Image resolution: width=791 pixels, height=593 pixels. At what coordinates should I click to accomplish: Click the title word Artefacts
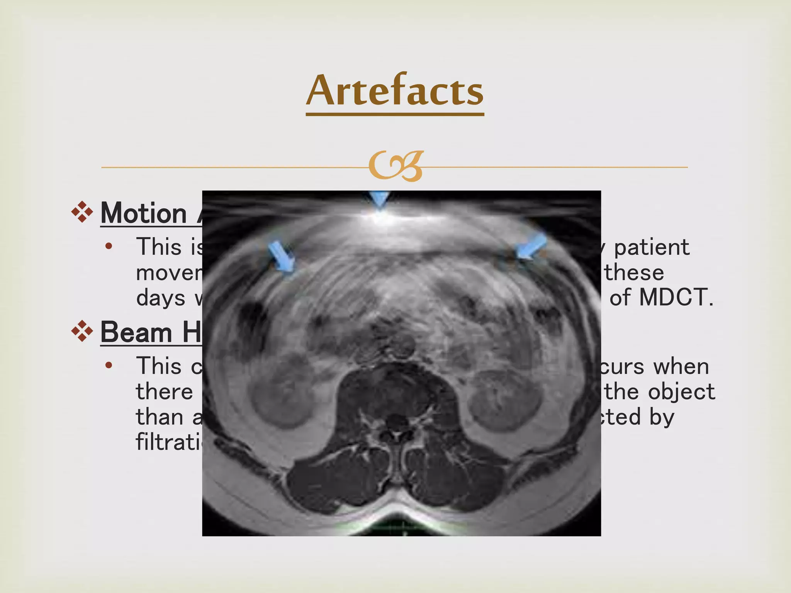tap(395, 91)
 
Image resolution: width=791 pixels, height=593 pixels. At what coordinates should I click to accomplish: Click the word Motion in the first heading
tap(144, 213)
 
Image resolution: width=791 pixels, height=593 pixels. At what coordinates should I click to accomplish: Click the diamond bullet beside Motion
tap(82, 212)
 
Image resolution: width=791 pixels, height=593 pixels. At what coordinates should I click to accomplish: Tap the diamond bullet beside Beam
tap(82, 331)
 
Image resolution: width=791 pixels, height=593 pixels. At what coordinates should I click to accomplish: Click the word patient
tap(652, 247)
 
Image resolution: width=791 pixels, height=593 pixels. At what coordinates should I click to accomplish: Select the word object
tap(681, 392)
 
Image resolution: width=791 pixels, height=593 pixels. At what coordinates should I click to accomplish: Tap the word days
tap(161, 298)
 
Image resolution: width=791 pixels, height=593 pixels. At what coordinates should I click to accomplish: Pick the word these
tap(634, 273)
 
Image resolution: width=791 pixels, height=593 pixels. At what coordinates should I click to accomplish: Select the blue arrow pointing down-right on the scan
tap(282, 257)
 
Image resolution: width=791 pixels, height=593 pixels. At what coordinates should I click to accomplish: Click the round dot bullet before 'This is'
tap(109, 246)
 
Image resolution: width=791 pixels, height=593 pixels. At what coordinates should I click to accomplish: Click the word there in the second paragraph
tap(164, 392)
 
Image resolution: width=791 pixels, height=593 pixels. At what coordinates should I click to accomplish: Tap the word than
tap(159, 417)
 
